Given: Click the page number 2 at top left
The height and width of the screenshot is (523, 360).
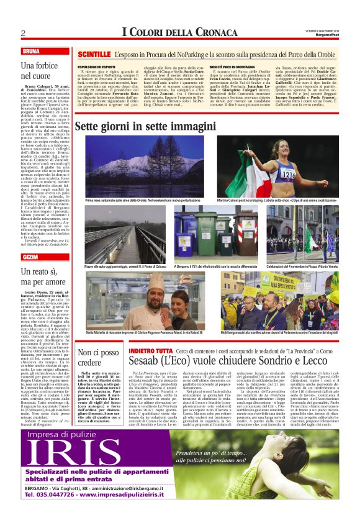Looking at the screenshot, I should tap(22, 33).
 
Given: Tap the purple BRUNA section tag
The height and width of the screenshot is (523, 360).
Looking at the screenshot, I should tap(30, 51).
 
